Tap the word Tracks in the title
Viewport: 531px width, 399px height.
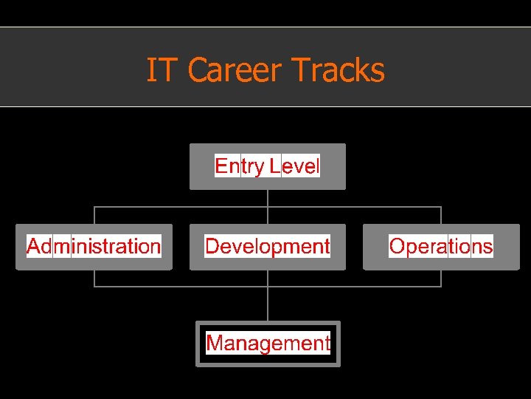coord(338,71)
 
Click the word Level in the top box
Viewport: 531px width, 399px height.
coord(295,166)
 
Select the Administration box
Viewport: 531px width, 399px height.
coord(94,247)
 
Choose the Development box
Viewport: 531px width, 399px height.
coord(267,247)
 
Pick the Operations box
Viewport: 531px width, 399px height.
coord(441,247)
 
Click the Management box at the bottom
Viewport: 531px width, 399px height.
coord(268,344)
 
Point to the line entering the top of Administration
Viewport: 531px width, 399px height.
coord(94,215)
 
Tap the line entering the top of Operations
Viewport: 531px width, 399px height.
coord(441,215)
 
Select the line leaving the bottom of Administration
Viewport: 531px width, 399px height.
coord(94,278)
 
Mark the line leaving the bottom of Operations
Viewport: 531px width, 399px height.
coord(441,278)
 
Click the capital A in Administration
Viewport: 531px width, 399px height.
coord(34,246)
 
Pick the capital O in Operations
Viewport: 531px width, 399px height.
coord(397,246)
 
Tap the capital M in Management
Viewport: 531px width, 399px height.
coord(215,343)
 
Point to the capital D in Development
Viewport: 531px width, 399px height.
coord(212,246)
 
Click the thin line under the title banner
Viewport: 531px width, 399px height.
coord(265,106)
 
